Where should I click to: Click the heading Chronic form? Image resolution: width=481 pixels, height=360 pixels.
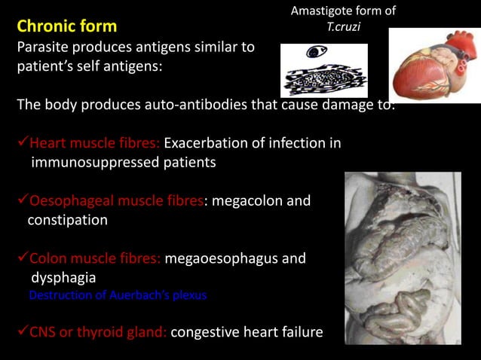click(x=67, y=27)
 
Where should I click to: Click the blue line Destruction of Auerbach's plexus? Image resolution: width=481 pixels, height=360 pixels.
click(x=118, y=295)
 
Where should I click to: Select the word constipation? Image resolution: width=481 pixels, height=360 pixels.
click(x=68, y=221)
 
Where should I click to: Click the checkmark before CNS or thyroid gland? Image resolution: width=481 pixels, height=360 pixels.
click(x=23, y=332)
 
